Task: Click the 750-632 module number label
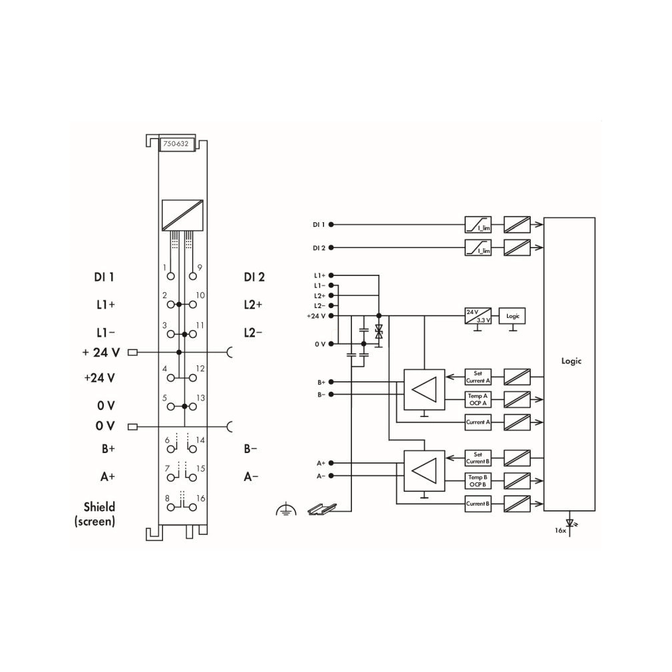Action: pos(176,144)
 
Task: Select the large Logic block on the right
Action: pos(569,364)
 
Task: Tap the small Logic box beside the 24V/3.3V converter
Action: pos(512,316)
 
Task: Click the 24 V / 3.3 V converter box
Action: pos(478,316)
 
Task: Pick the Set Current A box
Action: pos(478,377)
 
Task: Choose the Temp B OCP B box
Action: pos(478,481)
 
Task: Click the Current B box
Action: pos(478,504)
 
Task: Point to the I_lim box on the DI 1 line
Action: pos(478,225)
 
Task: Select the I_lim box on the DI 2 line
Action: pos(478,248)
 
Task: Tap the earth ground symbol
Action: pos(286,510)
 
